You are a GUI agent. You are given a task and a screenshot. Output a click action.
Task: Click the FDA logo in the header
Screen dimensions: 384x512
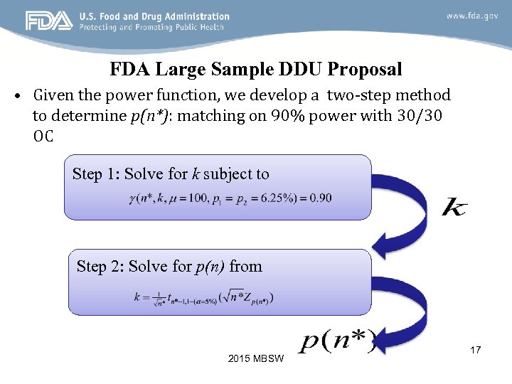tap(49, 21)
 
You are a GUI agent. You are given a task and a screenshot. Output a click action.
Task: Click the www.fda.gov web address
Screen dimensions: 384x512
tap(472, 16)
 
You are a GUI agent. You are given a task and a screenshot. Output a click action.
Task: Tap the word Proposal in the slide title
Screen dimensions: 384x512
tap(365, 69)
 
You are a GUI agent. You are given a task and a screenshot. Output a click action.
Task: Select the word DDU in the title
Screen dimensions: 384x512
tap(299, 69)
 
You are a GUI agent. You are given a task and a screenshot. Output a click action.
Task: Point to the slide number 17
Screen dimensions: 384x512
tap(475, 350)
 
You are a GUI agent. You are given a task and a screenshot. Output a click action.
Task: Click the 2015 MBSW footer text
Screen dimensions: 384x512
tap(256, 358)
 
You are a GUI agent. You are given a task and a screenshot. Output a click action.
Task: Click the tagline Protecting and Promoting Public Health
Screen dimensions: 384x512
tap(152, 27)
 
